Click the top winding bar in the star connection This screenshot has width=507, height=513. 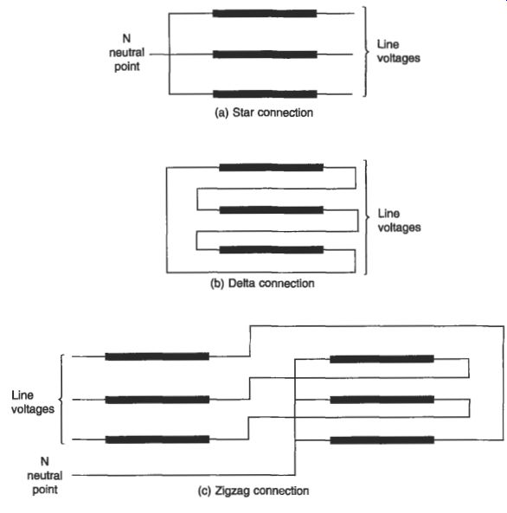click(x=265, y=14)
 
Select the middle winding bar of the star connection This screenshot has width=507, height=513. click(x=265, y=55)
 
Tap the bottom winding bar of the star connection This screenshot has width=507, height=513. click(x=265, y=94)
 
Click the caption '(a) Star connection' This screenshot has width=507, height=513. click(x=264, y=112)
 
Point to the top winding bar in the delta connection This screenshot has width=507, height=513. click(x=271, y=168)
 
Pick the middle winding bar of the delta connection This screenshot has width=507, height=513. click(x=272, y=209)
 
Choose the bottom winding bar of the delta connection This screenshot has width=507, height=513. click(x=272, y=250)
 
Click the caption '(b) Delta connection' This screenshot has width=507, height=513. click(x=262, y=284)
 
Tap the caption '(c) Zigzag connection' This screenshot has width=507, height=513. click(x=253, y=491)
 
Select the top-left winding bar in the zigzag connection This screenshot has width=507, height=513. click(x=157, y=356)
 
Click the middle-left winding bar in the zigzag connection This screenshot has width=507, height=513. click(x=157, y=400)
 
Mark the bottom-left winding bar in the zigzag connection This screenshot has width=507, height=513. click(x=157, y=439)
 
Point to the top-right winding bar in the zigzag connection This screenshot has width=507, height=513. click(x=382, y=359)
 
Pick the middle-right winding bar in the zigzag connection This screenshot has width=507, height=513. click(x=382, y=400)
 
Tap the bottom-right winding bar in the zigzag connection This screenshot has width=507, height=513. click(x=382, y=440)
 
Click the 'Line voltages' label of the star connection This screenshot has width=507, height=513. click(x=398, y=51)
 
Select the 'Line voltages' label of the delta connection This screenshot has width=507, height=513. click(x=400, y=221)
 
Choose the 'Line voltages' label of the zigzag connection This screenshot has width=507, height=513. click(x=33, y=402)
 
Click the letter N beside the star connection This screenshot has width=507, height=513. click(x=126, y=39)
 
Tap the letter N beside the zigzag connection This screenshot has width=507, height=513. click(x=44, y=461)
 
